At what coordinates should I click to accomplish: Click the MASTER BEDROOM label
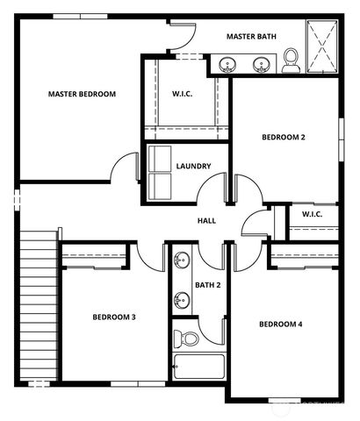(x=82, y=94)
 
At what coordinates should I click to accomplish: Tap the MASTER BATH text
(x=253, y=37)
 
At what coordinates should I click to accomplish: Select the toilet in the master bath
(x=291, y=60)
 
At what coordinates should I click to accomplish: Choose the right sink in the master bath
(x=261, y=64)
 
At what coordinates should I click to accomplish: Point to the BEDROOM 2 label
(x=284, y=137)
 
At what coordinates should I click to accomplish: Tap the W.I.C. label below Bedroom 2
(x=312, y=214)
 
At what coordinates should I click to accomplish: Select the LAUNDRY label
(x=193, y=167)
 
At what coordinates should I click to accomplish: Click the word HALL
(x=206, y=221)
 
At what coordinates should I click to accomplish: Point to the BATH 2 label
(x=207, y=285)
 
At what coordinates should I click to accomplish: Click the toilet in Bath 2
(x=186, y=338)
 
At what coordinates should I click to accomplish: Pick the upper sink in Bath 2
(x=181, y=261)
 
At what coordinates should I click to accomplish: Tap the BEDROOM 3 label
(x=114, y=317)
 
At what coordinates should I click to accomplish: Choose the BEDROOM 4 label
(x=280, y=325)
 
